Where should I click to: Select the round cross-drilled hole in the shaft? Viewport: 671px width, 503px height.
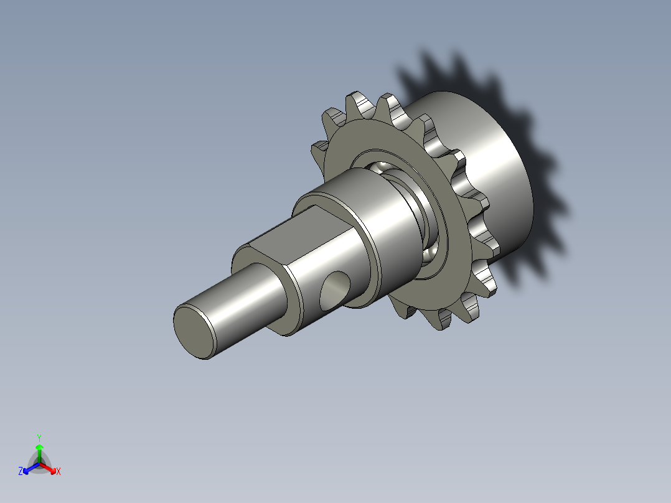[334, 290]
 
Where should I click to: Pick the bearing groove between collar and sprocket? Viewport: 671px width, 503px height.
[429, 212]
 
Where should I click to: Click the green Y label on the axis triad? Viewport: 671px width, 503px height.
[39, 437]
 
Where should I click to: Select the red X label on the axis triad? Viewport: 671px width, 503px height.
[59, 472]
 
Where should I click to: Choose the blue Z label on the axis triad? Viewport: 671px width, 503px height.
[21, 472]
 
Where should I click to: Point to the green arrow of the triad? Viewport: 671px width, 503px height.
[39, 451]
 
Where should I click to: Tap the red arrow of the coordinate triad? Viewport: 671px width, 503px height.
[50, 468]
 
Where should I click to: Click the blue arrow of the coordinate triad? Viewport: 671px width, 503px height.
[29, 468]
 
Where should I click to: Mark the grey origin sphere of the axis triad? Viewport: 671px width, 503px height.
[39, 464]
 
